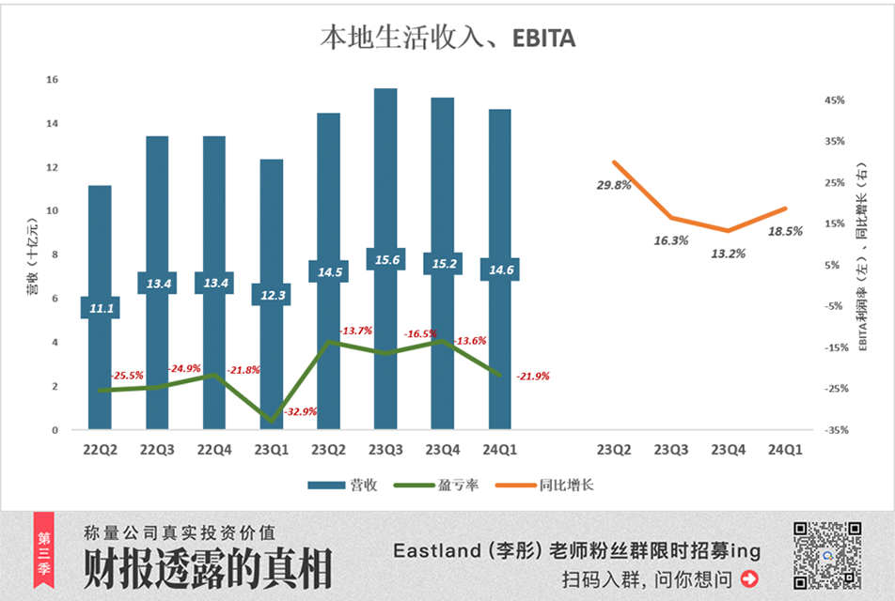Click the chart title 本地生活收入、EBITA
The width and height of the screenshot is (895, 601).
click(x=447, y=38)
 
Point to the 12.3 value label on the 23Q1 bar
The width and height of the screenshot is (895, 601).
click(x=271, y=294)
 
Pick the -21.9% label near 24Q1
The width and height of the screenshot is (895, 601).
click(x=531, y=376)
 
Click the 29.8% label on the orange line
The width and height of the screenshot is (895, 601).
click(x=614, y=185)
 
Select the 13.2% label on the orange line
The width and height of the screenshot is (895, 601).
click(x=729, y=253)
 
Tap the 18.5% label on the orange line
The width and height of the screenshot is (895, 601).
click(x=785, y=230)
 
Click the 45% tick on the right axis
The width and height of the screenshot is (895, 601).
click(x=835, y=100)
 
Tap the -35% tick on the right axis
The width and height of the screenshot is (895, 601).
click(x=834, y=430)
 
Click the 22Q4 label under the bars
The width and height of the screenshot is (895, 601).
click(x=214, y=450)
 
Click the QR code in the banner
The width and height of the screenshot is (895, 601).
click(x=827, y=556)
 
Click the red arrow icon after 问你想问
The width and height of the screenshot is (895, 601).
click(x=749, y=578)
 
